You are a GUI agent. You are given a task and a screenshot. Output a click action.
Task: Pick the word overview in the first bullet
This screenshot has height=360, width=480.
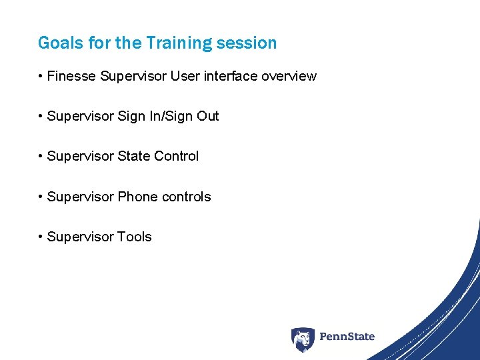click(x=289, y=76)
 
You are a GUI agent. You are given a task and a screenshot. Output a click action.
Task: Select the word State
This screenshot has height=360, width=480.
click(x=134, y=156)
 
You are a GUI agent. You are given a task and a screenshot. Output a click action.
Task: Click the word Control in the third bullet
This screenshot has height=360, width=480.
click(x=177, y=156)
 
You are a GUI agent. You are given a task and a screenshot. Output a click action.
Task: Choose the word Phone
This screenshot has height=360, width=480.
click(x=136, y=197)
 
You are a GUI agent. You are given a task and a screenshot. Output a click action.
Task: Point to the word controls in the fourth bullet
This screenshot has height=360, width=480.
click(x=185, y=197)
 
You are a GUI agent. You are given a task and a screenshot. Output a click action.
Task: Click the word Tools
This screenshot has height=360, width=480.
click(x=135, y=237)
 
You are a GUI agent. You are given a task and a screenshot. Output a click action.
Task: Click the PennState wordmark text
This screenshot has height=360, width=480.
click(x=347, y=337)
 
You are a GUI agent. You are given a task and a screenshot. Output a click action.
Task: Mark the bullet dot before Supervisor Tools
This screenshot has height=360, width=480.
click(x=41, y=237)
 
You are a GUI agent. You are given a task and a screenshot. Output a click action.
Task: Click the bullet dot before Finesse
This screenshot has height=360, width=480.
click(x=41, y=77)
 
